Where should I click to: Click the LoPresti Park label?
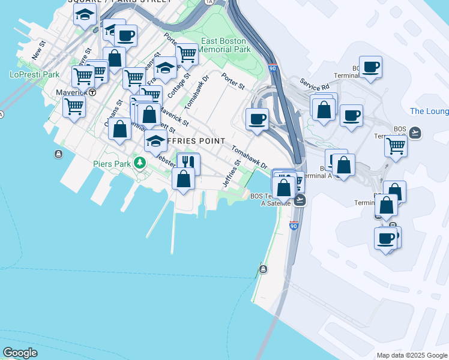35,74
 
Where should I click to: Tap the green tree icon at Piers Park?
140,163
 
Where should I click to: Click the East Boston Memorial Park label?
224,45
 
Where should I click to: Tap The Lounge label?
429,111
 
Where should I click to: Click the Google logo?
20,353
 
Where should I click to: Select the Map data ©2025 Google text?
411,355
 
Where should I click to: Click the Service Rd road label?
315,86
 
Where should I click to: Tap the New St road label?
39,50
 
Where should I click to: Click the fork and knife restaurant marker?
188,162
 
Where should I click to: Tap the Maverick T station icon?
92,92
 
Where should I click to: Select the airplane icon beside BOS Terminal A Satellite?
300,200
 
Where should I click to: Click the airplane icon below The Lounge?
415,132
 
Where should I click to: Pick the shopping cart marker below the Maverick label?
74,106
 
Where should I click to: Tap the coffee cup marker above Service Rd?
370,66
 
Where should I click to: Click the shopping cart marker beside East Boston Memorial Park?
187,54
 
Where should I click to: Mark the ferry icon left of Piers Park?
58,154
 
